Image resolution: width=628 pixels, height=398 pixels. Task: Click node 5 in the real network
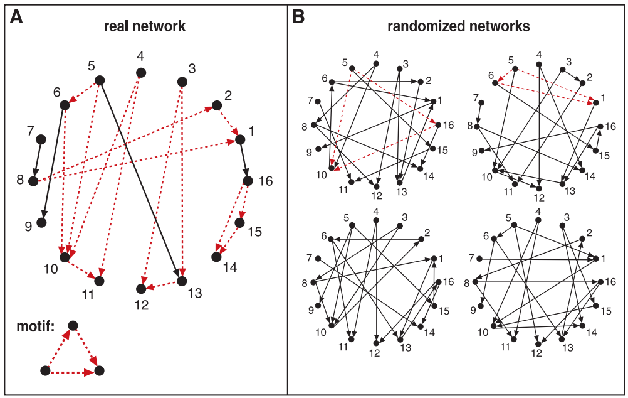point(100,80)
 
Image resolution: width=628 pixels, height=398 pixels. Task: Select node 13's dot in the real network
point(182,281)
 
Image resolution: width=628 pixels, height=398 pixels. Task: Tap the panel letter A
point(16,17)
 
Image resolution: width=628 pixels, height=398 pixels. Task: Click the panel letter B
point(298,17)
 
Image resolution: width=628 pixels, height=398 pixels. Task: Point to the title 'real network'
point(145,26)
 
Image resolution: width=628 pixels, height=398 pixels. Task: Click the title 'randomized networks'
point(459,26)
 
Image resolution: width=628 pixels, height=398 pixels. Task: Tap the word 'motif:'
point(35,326)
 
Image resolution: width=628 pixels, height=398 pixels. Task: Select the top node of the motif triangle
point(73,325)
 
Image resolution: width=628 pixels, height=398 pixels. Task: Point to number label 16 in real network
point(266,181)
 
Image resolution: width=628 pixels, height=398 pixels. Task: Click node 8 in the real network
point(33,181)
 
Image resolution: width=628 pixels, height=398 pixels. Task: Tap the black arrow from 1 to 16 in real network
point(244,160)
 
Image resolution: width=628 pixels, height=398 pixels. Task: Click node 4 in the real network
point(140,73)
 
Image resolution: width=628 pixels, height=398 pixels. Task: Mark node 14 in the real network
point(216,257)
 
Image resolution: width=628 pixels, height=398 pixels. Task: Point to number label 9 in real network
point(28,227)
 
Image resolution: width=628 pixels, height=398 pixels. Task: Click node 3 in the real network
point(182,82)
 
